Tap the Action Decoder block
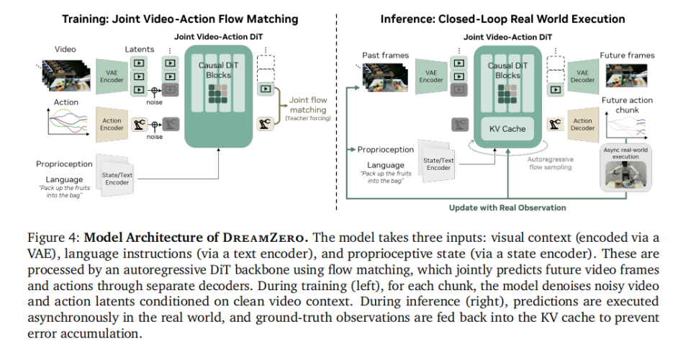pos(582,125)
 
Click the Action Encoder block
pos(112,123)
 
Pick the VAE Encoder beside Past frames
pos(431,76)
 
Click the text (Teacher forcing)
pos(307,118)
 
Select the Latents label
pos(140,49)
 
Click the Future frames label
pos(627,55)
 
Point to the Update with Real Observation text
pos(507,207)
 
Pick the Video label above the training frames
pos(66,49)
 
